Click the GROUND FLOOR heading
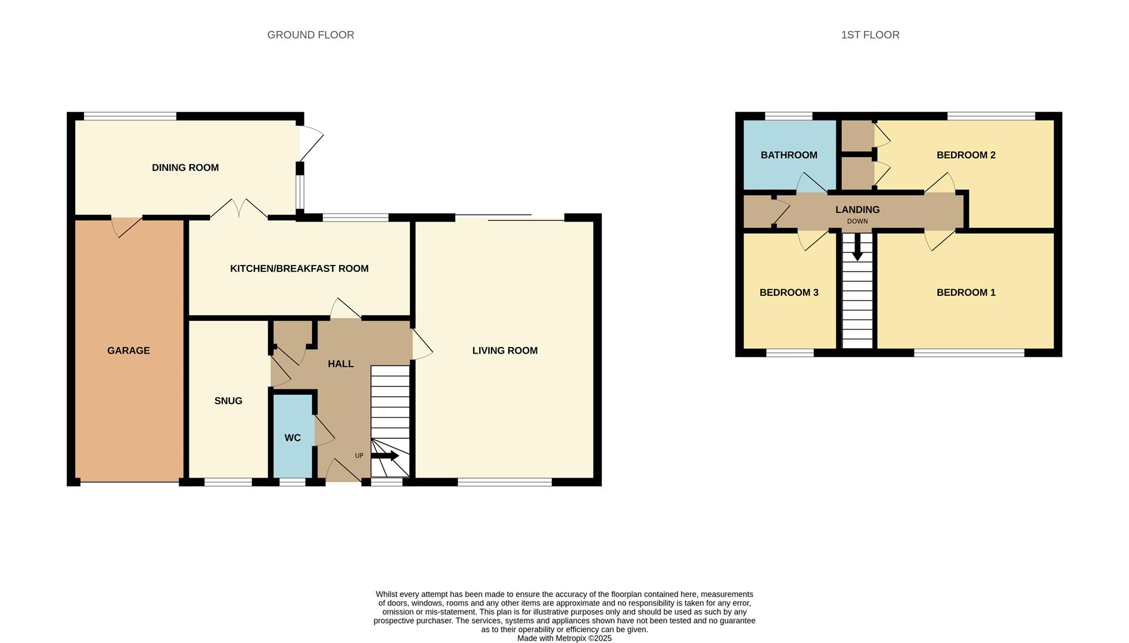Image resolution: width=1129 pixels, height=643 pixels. pos(310,35)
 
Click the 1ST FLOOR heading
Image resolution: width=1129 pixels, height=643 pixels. pos(870,35)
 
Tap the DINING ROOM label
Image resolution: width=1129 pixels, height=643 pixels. pos(185,168)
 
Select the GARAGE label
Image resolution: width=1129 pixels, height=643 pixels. pos(129,351)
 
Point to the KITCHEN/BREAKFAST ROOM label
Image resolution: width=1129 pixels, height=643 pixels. pos(299,269)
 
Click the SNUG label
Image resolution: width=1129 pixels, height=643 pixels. pos(228,401)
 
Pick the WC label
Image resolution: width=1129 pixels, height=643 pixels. pos(293,438)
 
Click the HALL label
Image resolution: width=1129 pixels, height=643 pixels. pos(341,364)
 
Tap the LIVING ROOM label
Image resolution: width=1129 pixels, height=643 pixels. pos(505,351)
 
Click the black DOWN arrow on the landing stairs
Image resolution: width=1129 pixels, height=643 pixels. pos(857,246)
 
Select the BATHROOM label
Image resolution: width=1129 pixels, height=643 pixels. pos(789,155)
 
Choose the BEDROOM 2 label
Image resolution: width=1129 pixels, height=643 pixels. pos(966,155)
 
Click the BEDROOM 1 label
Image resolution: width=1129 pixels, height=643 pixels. pos(966,292)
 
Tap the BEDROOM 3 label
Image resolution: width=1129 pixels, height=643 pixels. pos(789,292)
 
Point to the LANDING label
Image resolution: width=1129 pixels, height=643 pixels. pos(857,210)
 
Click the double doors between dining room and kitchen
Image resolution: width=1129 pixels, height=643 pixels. pos(239,208)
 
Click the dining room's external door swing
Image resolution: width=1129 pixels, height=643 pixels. pos(310,143)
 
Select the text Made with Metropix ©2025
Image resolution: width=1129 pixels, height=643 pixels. pos(564,638)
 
